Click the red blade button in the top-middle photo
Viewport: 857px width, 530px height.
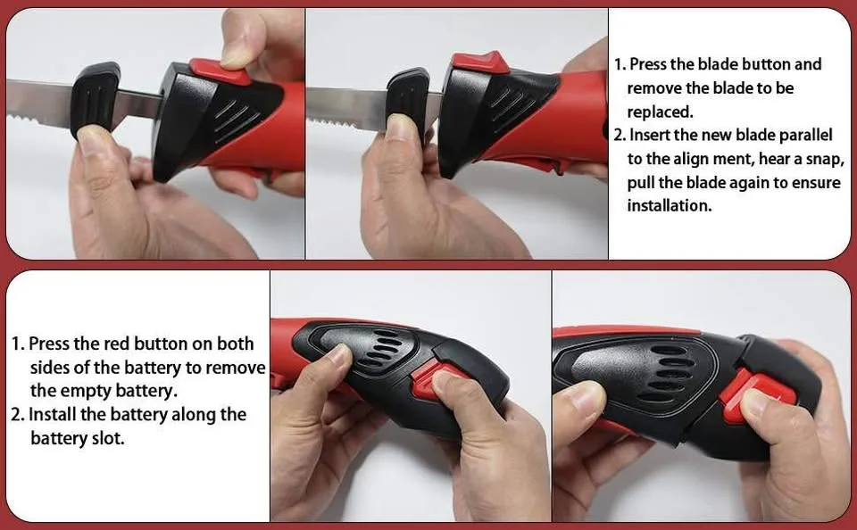click(479, 63)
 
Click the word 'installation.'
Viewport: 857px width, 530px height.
click(669, 205)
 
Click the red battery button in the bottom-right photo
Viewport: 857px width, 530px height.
click(758, 393)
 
